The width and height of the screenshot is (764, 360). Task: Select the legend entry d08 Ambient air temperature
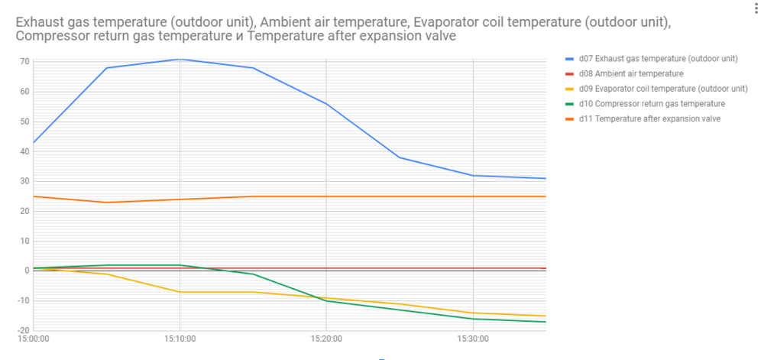630,73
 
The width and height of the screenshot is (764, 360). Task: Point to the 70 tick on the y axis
24,61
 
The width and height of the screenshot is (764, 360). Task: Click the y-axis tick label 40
24,151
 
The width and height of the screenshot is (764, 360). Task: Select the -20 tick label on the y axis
23,329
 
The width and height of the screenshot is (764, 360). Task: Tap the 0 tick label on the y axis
27,270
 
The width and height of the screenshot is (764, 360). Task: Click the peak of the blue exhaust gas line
180,59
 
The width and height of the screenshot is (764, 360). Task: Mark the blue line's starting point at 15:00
34,142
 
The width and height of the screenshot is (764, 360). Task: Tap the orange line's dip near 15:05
106,203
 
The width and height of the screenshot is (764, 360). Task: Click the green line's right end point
545,322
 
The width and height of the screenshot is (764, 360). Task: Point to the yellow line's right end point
545,316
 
